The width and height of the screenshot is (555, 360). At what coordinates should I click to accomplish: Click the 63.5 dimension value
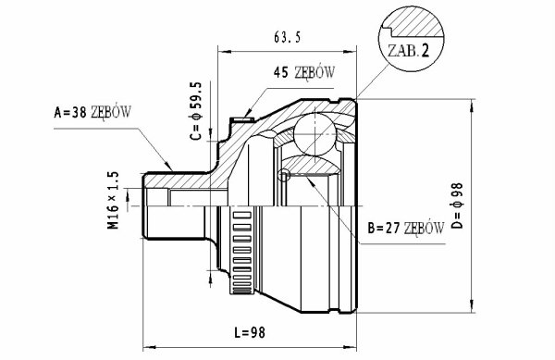tap(287, 36)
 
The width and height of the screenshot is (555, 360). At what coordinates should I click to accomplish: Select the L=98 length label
tap(250, 332)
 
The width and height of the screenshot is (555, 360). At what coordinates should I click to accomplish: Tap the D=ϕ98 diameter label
tap(457, 205)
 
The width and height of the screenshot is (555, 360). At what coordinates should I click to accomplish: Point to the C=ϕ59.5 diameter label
tap(196, 111)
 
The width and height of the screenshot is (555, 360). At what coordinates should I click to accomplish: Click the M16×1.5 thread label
tap(113, 200)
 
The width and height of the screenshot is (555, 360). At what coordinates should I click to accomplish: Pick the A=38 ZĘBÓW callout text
tap(92, 112)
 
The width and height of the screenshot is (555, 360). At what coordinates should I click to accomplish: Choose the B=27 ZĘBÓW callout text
tap(406, 229)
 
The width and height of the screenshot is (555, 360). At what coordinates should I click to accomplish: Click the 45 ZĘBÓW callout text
tap(303, 72)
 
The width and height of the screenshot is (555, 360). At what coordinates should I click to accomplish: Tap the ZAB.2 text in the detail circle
tap(409, 51)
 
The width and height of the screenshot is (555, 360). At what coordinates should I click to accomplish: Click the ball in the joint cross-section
tap(314, 134)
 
